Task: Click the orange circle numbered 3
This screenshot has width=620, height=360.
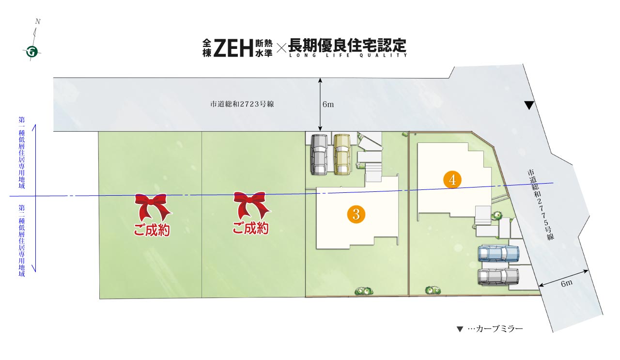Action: [x=356, y=214]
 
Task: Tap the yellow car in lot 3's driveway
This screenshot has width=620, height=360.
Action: [x=342, y=155]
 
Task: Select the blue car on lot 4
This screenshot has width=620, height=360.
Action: [x=499, y=253]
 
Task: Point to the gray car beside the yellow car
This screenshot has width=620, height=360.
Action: [x=319, y=155]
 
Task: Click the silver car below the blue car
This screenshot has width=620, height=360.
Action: [x=498, y=276]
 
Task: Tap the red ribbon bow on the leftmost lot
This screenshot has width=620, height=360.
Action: [x=153, y=206]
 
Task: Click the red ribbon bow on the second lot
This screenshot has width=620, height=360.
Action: [x=251, y=205]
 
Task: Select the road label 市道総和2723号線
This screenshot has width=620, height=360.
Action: [x=242, y=104]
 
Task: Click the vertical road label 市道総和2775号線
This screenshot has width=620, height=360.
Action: [x=541, y=204]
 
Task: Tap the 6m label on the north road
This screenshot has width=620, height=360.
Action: [x=328, y=104]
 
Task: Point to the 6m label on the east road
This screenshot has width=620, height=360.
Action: [x=567, y=283]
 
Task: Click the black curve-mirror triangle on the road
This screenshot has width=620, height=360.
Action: [x=529, y=105]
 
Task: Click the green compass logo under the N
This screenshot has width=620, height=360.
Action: [x=32, y=52]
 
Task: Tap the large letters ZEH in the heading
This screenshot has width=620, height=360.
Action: [x=233, y=47]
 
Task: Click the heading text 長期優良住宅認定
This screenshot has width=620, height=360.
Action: [x=347, y=45]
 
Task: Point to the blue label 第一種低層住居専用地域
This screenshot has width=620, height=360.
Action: [x=22, y=153]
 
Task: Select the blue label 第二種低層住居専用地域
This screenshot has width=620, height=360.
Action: [x=22, y=241]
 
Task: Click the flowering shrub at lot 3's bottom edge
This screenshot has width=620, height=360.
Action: [x=364, y=291]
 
